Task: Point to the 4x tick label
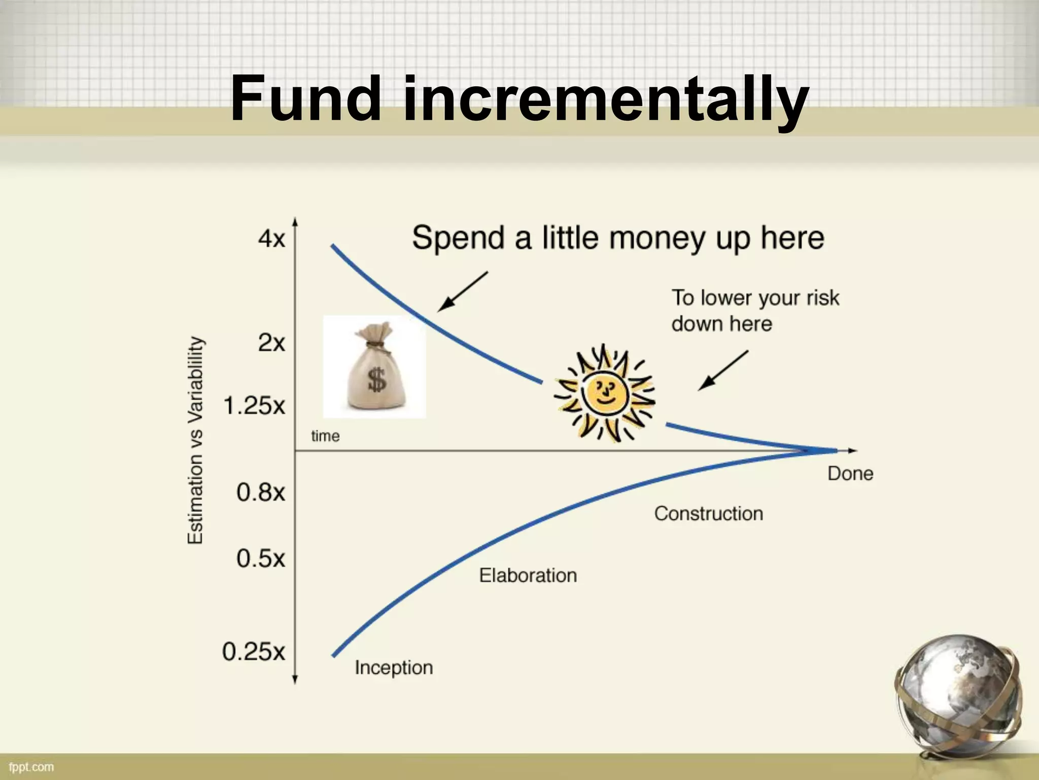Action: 272,238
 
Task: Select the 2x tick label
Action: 272,343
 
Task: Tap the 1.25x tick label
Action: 254,406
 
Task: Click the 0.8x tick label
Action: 261,492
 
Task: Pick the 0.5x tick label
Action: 261,559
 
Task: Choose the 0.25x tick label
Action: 254,652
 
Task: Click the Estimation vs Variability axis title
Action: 196,440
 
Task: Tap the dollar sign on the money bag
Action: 376,380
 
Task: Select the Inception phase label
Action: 394,667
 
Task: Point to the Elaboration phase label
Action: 528,575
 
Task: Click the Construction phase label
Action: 708,513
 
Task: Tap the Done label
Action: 850,473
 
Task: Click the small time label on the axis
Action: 325,436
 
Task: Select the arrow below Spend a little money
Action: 462,291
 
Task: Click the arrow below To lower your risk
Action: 723,370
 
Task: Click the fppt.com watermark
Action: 31,766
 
